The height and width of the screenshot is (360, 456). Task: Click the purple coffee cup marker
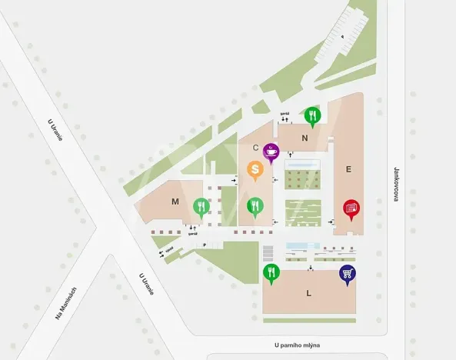271,152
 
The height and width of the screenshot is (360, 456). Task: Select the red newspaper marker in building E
351,208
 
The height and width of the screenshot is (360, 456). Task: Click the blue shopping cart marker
348,274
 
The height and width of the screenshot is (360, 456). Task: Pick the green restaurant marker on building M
201,206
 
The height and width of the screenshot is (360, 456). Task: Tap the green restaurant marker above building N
311,116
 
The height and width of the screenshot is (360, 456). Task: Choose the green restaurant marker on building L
271,272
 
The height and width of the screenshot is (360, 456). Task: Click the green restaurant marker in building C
255,206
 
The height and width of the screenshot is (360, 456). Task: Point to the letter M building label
175,202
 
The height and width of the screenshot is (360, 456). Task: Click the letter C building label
255,147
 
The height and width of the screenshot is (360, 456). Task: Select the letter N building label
305,138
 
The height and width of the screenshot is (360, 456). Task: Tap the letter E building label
348,168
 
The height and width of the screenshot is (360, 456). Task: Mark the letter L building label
308,293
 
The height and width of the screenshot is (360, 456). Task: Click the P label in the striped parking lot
342,36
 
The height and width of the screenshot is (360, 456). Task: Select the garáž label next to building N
284,113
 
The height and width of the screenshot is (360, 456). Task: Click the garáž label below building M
193,233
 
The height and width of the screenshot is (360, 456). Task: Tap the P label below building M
205,245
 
